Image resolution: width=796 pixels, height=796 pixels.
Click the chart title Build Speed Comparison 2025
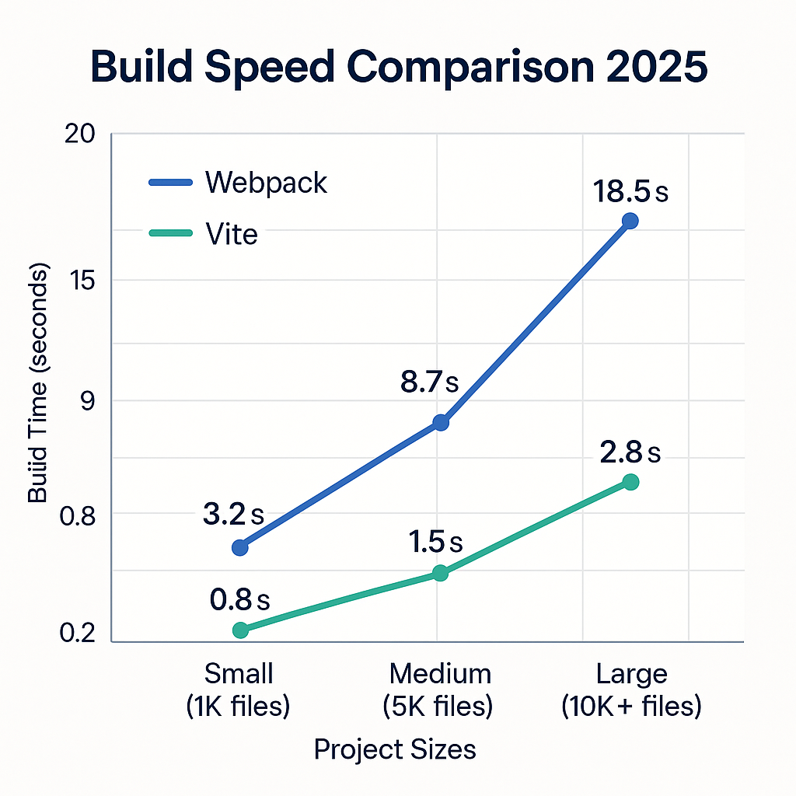(399, 68)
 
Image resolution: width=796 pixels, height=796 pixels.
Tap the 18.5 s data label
(630, 191)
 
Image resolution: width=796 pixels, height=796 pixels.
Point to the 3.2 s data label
(233, 514)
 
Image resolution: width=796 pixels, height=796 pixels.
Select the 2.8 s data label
(630, 452)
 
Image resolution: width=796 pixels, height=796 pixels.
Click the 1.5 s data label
(435, 541)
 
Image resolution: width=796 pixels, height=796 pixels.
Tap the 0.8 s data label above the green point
(239, 599)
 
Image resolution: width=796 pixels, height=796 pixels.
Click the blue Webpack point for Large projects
(630, 221)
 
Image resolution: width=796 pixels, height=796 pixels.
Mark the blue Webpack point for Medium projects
(441, 423)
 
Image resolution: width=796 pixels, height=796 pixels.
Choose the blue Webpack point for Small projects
(240, 547)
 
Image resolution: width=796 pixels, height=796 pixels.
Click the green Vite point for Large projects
(630, 482)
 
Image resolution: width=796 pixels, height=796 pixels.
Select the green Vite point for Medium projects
(440, 573)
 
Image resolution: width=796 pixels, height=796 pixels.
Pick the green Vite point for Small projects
(240, 630)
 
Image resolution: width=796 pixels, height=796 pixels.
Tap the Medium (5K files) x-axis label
(440, 690)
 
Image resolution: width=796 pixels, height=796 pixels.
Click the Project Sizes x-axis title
(395, 749)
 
